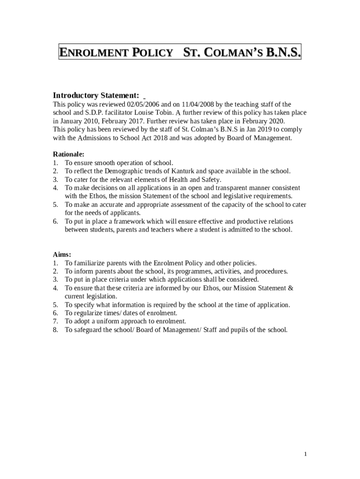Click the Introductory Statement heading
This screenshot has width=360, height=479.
[96, 95]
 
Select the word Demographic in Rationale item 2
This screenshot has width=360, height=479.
[123, 171]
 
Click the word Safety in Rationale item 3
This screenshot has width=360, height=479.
[211, 180]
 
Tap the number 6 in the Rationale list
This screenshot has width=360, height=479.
[55, 221]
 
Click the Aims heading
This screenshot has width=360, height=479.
[62, 254]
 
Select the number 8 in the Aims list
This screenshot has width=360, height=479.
[55, 330]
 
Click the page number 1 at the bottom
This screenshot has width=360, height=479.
[305, 454]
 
